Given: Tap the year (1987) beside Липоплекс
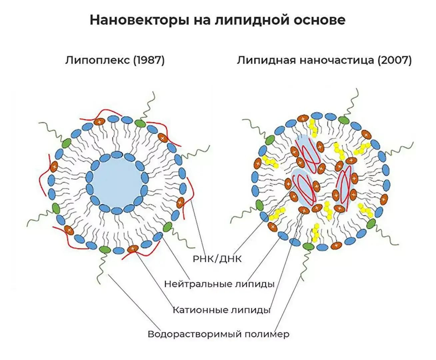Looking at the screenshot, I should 149,60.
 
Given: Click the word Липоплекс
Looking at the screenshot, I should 97,60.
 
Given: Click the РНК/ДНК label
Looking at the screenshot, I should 217,259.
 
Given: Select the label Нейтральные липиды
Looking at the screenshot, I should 219,284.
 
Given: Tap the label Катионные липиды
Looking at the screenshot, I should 221,310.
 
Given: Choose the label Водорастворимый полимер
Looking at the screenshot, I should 218,334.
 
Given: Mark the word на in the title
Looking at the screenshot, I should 203,20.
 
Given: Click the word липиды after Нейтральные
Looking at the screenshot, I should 255,284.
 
